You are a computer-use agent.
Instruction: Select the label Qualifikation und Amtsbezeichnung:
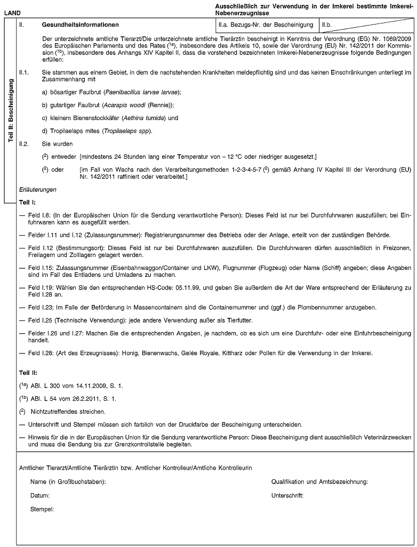click(319, 482)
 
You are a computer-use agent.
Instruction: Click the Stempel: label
click(42, 509)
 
